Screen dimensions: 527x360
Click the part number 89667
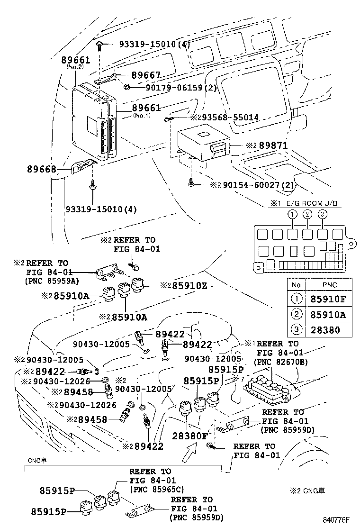pyautogui.click(x=146, y=74)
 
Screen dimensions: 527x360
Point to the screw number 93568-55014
pyautogui.click(x=225, y=117)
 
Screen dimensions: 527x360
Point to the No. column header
pyautogui.click(x=297, y=285)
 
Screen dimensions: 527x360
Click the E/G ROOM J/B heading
pyautogui.click(x=313, y=204)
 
